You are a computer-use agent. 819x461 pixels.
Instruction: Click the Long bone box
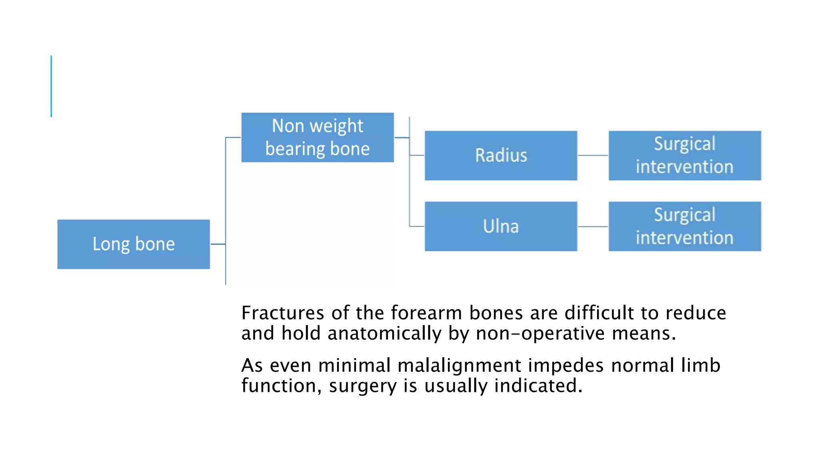(x=134, y=244)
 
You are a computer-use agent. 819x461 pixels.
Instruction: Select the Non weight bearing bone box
(x=318, y=137)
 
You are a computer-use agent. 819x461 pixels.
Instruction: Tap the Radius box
(x=501, y=155)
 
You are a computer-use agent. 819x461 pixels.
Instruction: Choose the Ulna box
(x=501, y=226)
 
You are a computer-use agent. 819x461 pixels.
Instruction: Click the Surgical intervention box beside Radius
(x=685, y=155)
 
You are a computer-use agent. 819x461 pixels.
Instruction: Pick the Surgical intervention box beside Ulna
(x=685, y=226)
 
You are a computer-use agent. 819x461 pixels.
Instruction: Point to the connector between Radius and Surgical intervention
(x=593, y=155)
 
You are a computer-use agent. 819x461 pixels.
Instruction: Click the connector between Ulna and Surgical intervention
(x=593, y=226)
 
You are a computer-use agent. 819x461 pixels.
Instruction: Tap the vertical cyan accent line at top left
(x=51, y=86)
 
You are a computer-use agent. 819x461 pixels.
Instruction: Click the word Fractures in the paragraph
(x=282, y=313)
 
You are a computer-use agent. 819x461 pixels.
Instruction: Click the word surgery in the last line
(x=363, y=386)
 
